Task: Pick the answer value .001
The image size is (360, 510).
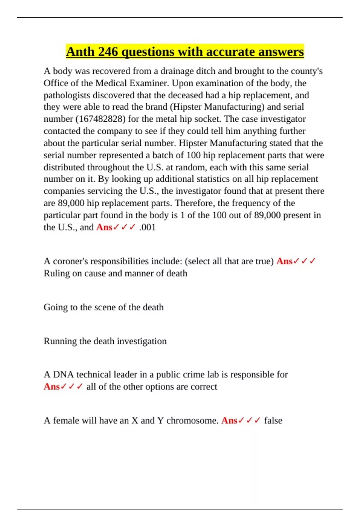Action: click(147, 227)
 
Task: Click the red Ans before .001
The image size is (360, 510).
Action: click(104, 227)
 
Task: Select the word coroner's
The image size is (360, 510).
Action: click(70, 261)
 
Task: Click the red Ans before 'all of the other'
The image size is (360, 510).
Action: click(52, 387)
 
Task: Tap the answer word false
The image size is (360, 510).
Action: click(273, 421)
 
